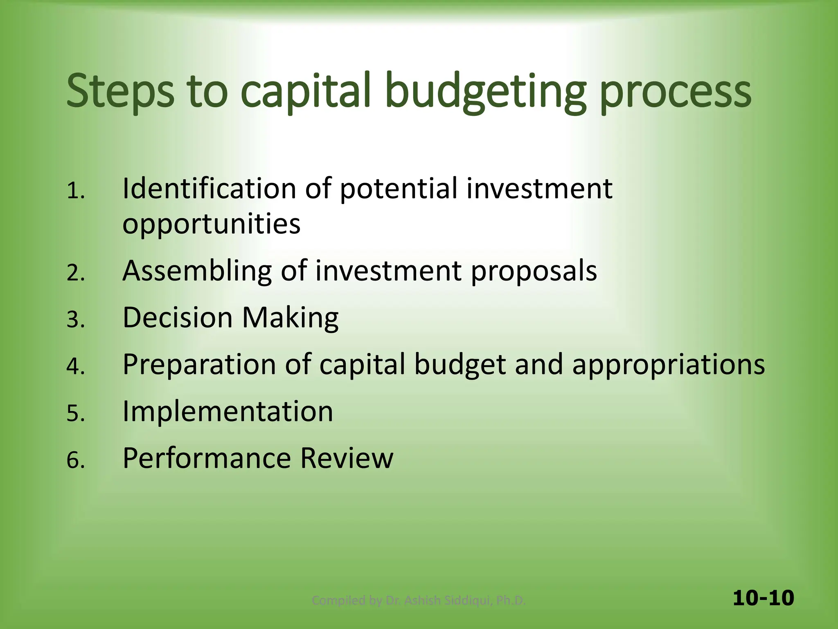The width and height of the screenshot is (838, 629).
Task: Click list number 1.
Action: (x=75, y=191)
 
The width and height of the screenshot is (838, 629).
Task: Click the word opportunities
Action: (x=211, y=224)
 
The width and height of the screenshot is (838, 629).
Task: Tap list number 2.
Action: (x=75, y=273)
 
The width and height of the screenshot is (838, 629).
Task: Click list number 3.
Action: (x=75, y=320)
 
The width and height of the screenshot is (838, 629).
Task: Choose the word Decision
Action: (x=178, y=317)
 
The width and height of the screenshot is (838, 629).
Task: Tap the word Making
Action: (x=290, y=318)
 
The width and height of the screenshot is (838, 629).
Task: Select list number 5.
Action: (x=75, y=413)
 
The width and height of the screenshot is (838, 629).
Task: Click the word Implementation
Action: (x=228, y=411)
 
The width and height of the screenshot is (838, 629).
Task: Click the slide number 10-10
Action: (x=763, y=598)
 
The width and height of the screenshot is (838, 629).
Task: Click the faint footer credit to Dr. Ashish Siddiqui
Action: (x=418, y=600)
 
